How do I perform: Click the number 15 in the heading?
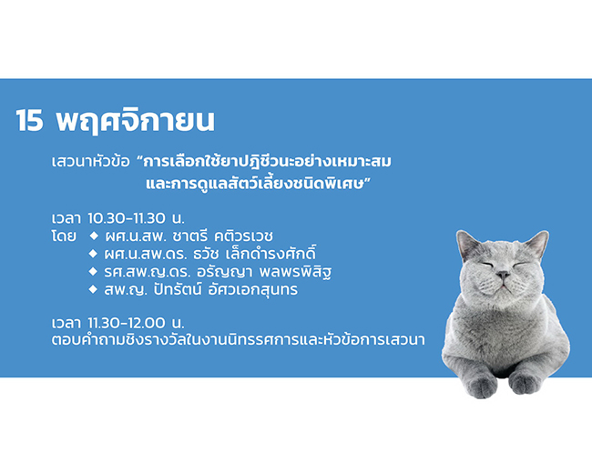tap(29, 121)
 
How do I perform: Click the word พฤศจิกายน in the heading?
tap(136, 121)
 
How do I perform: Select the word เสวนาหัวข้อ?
tap(90, 161)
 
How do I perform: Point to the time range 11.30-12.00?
tap(127, 323)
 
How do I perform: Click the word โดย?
tap(64, 236)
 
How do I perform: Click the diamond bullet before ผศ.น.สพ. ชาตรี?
tap(94, 236)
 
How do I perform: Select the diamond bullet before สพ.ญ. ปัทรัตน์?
tap(93, 289)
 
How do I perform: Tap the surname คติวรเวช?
tap(243, 236)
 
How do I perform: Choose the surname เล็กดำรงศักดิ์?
tap(270, 254)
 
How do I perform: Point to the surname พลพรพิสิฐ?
tap(295, 272)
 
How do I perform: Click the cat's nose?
tap(503, 275)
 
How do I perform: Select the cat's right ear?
tap(536, 244)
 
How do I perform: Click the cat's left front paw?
tap(480, 384)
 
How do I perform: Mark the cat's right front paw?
tap(526, 381)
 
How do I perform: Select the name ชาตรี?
tap(189, 236)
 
